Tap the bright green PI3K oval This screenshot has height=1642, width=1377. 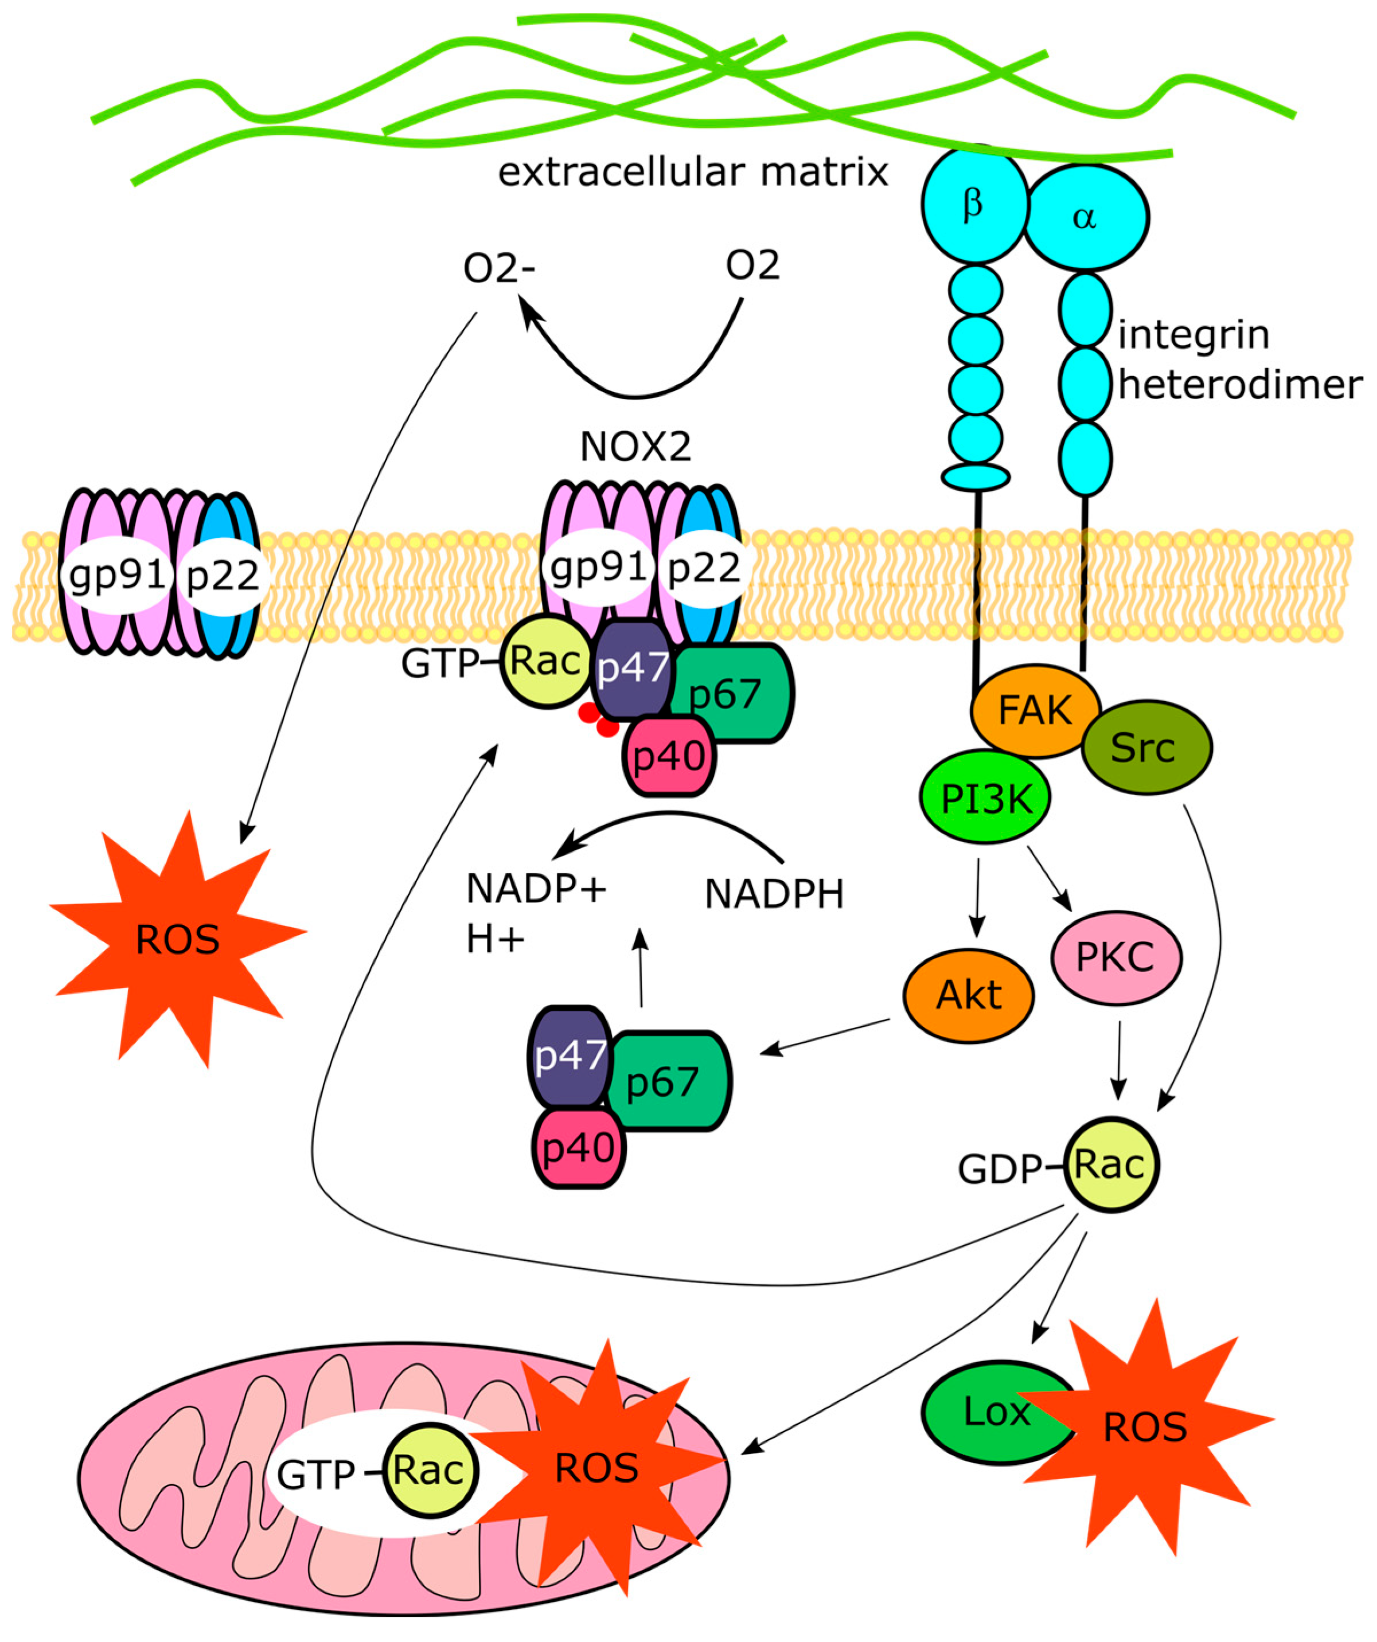pos(985,797)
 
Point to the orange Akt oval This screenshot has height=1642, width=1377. pos(969,995)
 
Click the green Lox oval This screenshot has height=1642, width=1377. pos(989,1412)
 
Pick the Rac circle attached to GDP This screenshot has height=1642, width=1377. pos(1111,1165)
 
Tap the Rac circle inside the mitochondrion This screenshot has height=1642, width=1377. pos(430,1470)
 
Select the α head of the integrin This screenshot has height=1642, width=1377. pos(1085,217)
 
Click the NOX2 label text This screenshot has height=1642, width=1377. pos(635,447)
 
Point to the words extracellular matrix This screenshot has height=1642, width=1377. pos(693,172)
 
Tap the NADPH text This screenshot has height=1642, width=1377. pos(774,894)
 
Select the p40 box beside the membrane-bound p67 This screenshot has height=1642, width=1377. pos(669,755)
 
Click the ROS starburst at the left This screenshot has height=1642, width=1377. pos(178,939)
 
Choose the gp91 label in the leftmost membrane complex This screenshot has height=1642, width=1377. pos(118,574)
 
